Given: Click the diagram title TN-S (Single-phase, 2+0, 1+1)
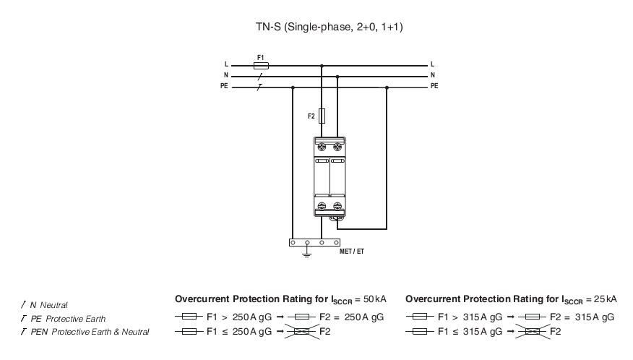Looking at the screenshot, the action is [x=329, y=27].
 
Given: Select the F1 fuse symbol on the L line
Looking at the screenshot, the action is [x=261, y=66].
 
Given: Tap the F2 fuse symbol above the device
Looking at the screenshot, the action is [x=322, y=116].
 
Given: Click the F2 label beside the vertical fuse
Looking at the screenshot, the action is [x=311, y=116].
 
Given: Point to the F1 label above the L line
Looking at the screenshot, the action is [x=260, y=58].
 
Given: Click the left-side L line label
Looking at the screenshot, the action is [x=226, y=64].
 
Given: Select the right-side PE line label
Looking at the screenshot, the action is [x=434, y=85].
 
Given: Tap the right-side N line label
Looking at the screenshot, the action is [x=433, y=75].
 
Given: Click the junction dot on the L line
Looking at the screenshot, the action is [x=322, y=66].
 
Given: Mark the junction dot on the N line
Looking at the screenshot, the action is [x=337, y=77].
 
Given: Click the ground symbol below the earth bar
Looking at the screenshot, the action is [x=307, y=253].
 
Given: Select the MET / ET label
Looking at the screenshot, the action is [x=352, y=252].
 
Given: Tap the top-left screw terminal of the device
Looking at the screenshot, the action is [x=322, y=147].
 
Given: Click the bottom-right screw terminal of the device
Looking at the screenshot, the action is [x=337, y=207].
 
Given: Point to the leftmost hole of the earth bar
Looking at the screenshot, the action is [x=293, y=243].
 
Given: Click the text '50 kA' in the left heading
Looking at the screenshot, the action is [x=374, y=299].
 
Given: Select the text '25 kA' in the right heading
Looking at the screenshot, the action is [x=606, y=299].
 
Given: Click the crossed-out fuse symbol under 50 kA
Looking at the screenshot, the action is [x=302, y=332].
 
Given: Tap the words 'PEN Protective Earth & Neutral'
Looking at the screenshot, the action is [x=90, y=332].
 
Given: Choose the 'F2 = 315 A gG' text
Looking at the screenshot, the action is [x=582, y=317].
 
